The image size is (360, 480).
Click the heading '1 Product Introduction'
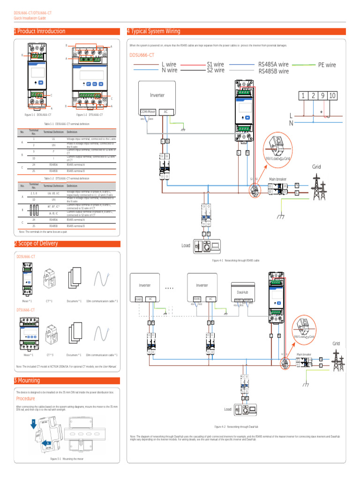(x=40, y=31)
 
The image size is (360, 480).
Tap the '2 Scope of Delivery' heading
(x=36, y=244)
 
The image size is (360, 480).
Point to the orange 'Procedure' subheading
(x=26, y=398)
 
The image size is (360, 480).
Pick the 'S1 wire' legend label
(x=216, y=64)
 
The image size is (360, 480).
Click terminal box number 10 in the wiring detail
(x=332, y=96)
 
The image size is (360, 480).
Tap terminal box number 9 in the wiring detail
(x=322, y=96)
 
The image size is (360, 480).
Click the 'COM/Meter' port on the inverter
(x=148, y=112)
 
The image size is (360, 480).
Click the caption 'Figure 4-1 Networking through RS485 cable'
(x=236, y=260)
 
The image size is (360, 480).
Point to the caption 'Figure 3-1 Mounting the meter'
(x=67, y=459)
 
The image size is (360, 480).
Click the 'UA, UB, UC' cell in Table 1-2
(x=53, y=193)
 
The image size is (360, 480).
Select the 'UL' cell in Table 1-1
(x=53, y=139)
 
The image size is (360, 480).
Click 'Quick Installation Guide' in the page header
(x=30, y=18)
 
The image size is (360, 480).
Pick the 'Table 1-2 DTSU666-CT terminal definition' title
(x=67, y=179)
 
